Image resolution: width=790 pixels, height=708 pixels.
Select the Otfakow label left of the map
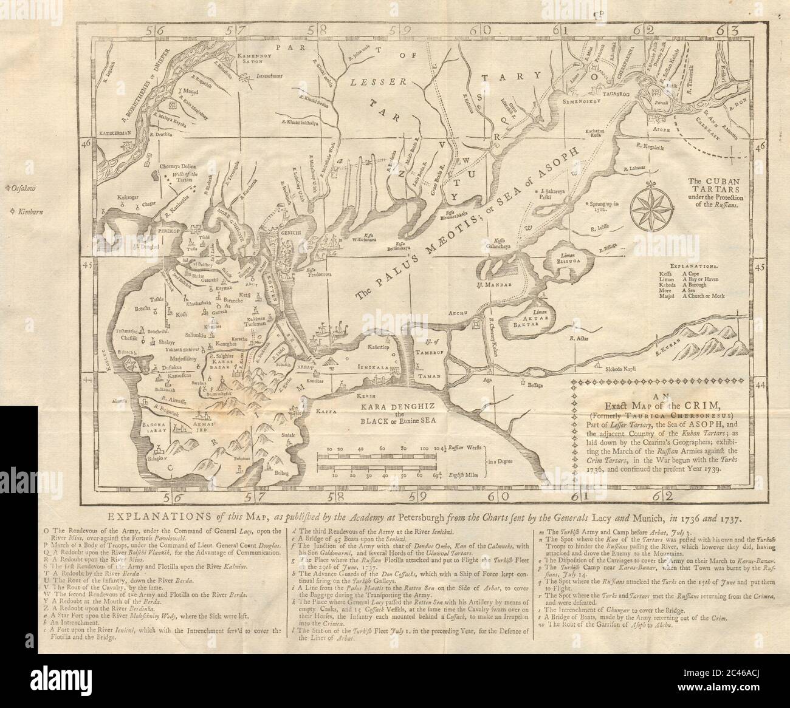(23, 189)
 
